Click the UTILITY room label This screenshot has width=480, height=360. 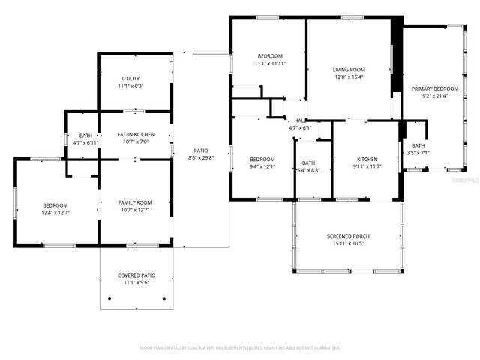click(130, 79)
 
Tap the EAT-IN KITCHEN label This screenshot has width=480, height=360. click(136, 135)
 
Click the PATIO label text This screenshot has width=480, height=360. click(200, 151)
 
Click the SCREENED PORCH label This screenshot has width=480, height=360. click(347, 236)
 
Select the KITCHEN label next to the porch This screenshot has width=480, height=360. click(367, 159)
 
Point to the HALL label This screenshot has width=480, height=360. click(300, 121)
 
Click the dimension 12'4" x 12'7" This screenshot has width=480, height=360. click(55, 212)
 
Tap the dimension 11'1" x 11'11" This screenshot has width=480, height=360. click(270, 64)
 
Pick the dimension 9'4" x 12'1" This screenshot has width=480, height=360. click(262, 166)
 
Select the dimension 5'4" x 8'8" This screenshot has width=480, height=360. click(309, 170)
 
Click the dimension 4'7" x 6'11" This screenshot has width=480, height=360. click(85, 142)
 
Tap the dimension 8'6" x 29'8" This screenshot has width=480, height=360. click(200, 157)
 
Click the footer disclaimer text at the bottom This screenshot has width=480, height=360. click(240, 348)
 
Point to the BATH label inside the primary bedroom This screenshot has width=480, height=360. click(418, 145)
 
